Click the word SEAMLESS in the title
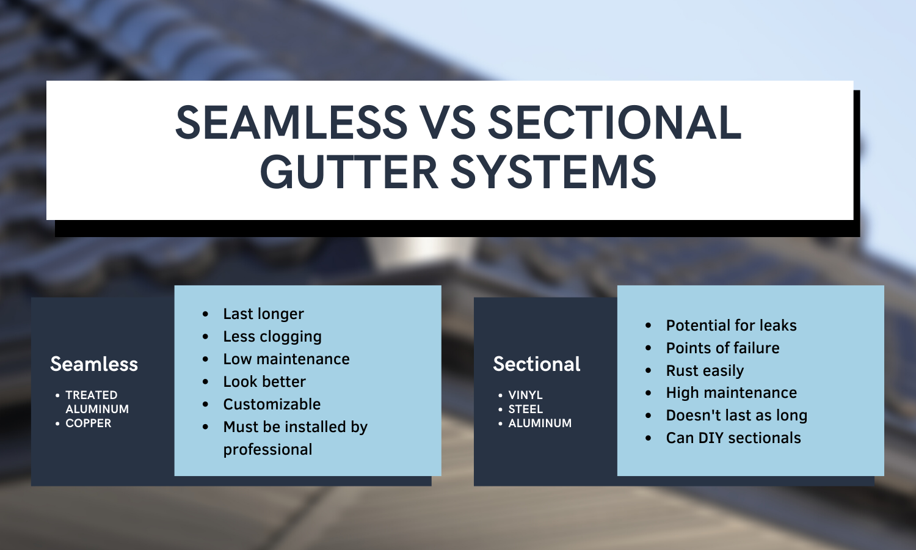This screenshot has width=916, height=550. (291, 122)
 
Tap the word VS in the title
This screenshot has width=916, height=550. (449, 122)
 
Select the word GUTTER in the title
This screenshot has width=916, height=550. (349, 172)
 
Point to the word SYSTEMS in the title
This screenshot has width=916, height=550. (553, 172)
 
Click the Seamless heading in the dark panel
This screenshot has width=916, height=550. (94, 364)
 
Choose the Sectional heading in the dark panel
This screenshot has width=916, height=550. (537, 364)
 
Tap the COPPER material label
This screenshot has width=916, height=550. (89, 423)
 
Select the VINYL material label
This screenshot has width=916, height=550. (525, 395)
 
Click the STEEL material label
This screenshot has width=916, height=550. (525, 409)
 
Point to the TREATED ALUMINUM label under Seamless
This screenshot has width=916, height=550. (97, 402)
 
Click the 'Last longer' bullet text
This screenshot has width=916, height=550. (263, 314)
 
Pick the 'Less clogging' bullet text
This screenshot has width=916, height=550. (272, 337)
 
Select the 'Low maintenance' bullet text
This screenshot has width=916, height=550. (286, 359)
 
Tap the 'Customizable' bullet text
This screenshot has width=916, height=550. (272, 404)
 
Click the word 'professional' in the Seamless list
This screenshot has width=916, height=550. (268, 450)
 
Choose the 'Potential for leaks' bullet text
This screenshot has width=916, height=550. (731, 325)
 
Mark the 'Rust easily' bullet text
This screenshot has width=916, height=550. (705, 371)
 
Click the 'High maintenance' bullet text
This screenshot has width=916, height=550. (732, 393)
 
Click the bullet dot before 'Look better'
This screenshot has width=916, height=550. (205, 382)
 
